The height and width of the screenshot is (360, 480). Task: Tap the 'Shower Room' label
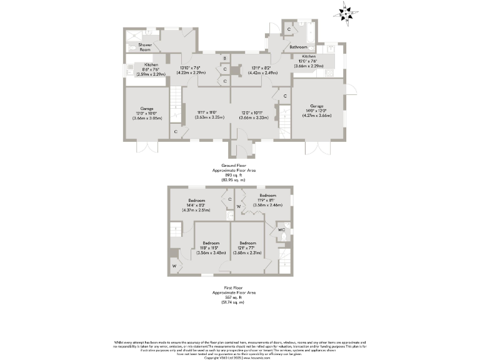[145, 47]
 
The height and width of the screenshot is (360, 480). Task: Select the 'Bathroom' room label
[297, 47]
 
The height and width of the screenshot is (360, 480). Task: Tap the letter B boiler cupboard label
[224, 59]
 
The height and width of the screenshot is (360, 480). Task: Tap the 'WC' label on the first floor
[281, 230]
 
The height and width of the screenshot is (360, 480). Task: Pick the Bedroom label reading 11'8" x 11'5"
[211, 247]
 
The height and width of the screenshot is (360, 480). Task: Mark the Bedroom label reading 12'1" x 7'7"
[247, 247]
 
